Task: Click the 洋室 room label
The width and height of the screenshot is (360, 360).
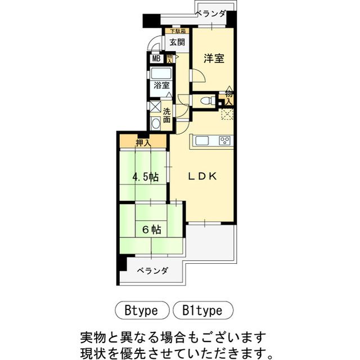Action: click(x=214, y=58)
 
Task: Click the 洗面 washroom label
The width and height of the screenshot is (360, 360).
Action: click(x=167, y=115)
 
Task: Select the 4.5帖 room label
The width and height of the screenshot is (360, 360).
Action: click(x=145, y=177)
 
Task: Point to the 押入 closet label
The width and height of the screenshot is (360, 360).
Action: click(x=143, y=142)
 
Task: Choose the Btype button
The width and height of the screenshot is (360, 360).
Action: click(x=143, y=309)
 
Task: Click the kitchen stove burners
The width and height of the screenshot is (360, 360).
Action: click(x=224, y=141)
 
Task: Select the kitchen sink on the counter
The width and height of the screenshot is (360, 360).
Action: click(x=202, y=141)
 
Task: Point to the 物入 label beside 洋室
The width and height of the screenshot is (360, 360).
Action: click(x=229, y=96)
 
